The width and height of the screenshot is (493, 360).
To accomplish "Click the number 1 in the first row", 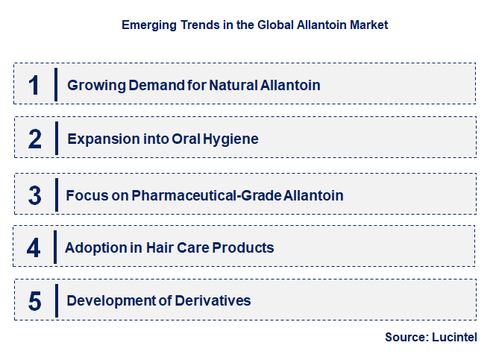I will tap(34, 85).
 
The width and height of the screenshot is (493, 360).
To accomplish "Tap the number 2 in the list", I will tap(34, 139).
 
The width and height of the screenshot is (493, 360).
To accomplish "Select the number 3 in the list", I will tap(34, 195).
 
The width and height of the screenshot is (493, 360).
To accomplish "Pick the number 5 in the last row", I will tap(34, 301).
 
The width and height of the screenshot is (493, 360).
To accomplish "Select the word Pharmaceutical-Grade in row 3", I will tap(207, 196).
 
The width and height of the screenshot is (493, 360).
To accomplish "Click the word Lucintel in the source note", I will tap(454, 337).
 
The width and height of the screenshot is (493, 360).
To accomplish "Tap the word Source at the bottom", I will tap(406, 337).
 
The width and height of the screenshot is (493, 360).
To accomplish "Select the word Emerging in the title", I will tap(148, 25).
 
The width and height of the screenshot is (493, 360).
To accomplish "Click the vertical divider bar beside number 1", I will tap(55, 84).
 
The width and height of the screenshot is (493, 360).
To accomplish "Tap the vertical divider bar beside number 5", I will tap(55, 300).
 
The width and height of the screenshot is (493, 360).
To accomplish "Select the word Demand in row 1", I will tap(150, 85).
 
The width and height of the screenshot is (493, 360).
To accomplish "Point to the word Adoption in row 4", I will tap(92, 247).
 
